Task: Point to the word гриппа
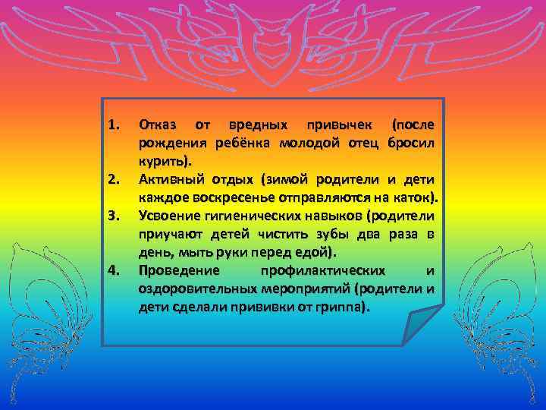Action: point(344,307)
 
